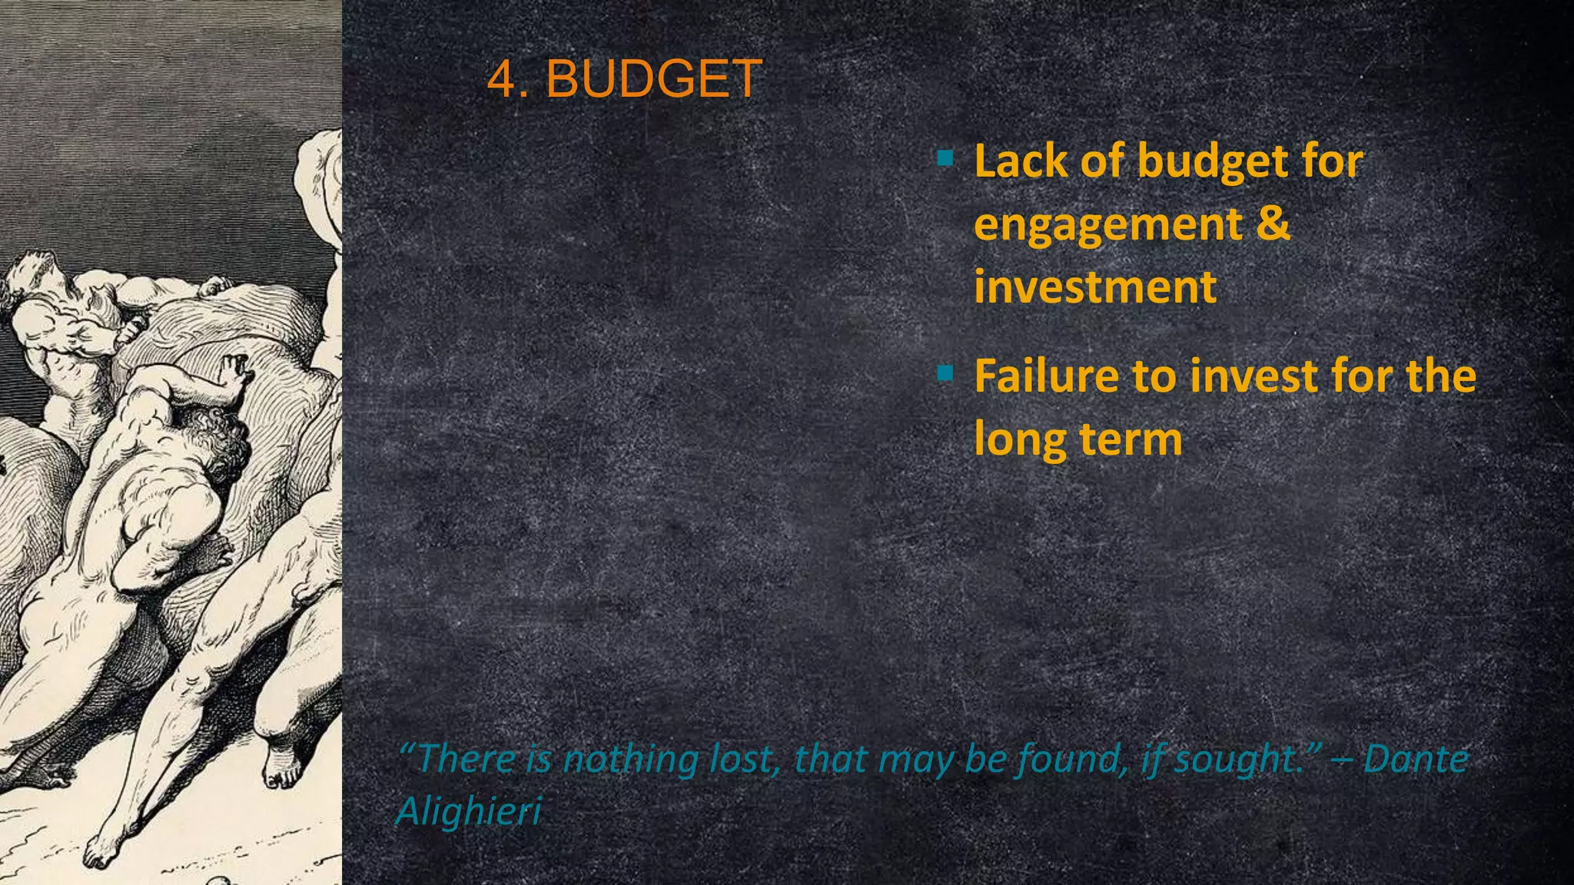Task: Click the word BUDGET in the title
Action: [x=653, y=79]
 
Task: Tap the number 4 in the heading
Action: [x=502, y=79]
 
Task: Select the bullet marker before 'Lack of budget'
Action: [x=945, y=159]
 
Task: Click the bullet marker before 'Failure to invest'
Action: [x=945, y=374]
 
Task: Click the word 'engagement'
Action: [x=1107, y=224]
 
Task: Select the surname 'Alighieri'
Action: [x=469, y=811]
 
